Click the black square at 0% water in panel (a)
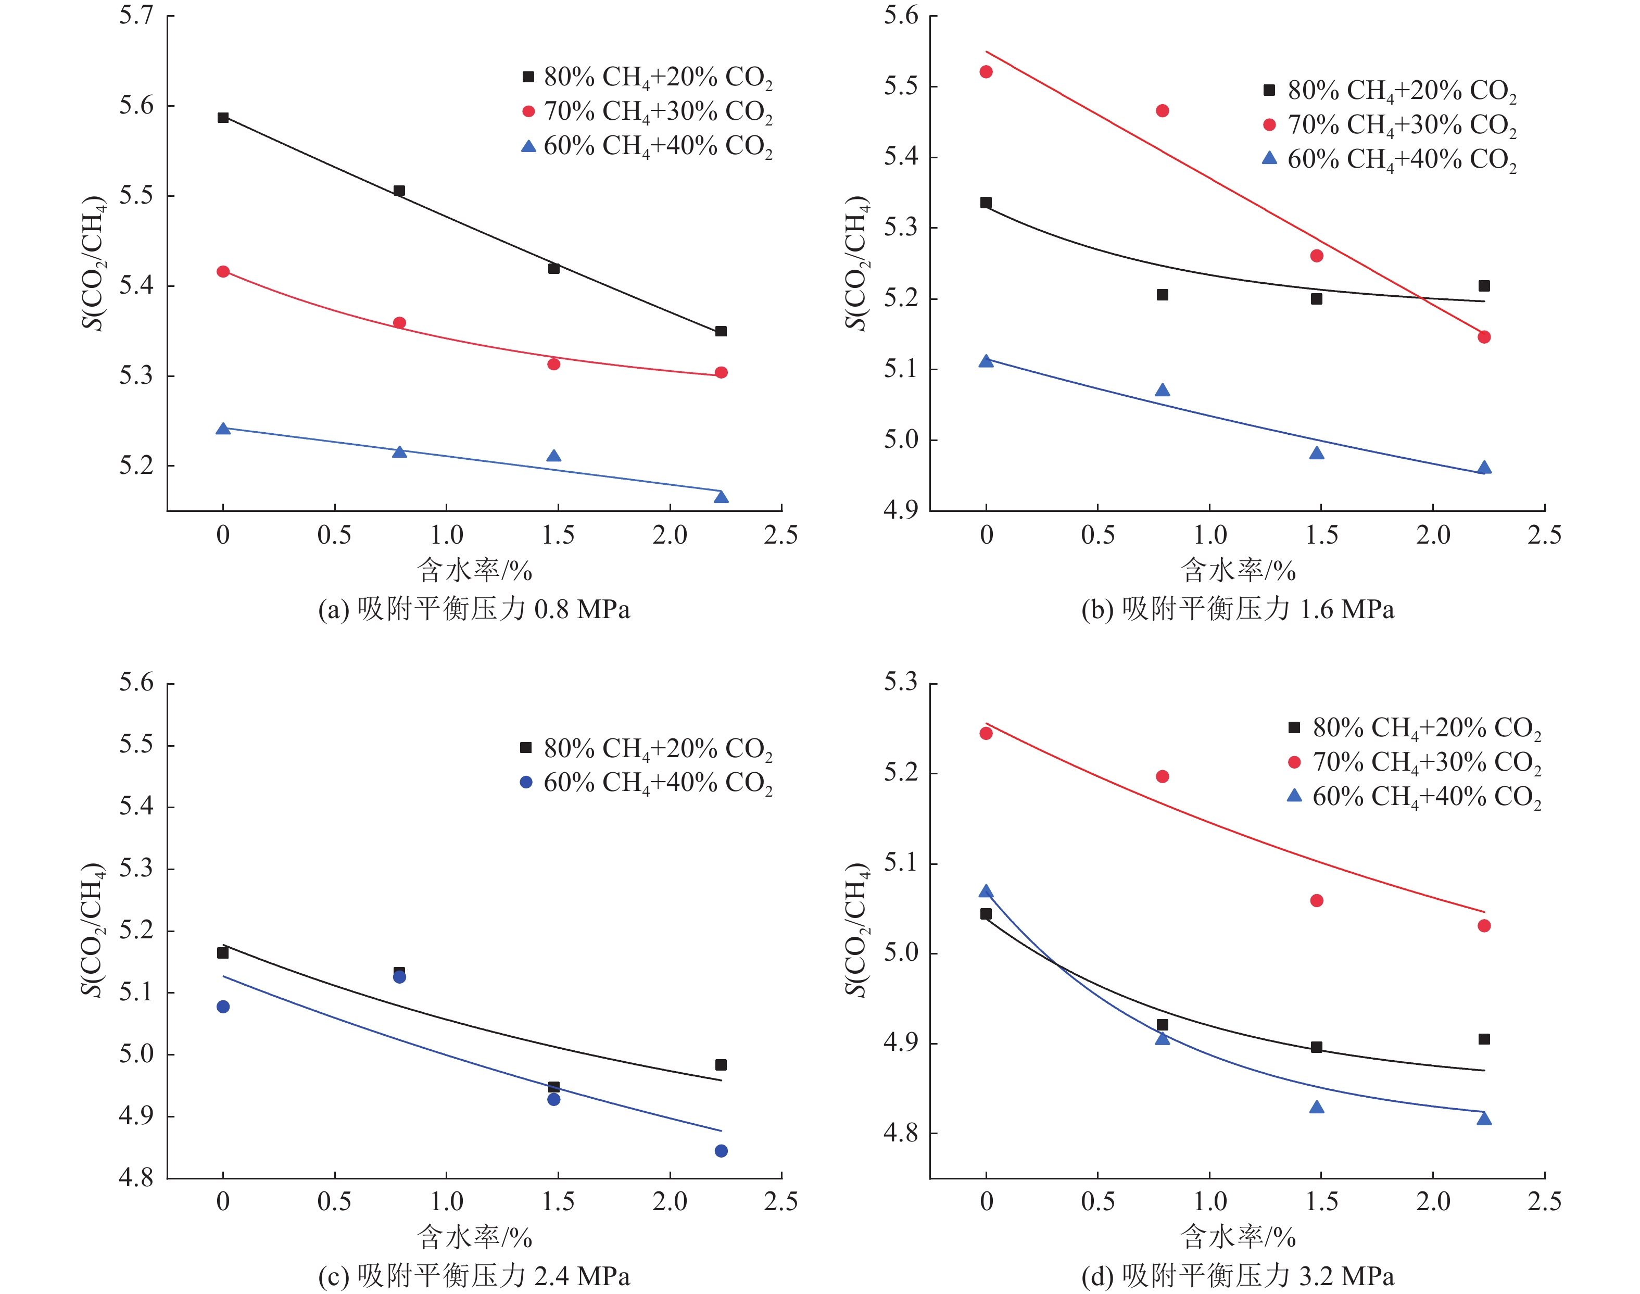(223, 118)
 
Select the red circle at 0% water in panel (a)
(223, 271)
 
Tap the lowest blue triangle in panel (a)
(721, 497)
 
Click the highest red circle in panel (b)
(986, 72)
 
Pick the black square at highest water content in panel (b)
(1484, 286)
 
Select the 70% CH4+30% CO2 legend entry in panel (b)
(1390, 125)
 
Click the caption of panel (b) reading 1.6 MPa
(1237, 609)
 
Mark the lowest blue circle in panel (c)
(721, 1151)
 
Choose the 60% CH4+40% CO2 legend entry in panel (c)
(646, 783)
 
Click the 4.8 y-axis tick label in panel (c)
(136, 1177)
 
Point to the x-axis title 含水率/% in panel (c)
(474, 1236)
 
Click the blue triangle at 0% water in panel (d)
(986, 891)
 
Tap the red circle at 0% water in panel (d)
(986, 733)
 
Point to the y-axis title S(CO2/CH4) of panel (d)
(857, 931)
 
